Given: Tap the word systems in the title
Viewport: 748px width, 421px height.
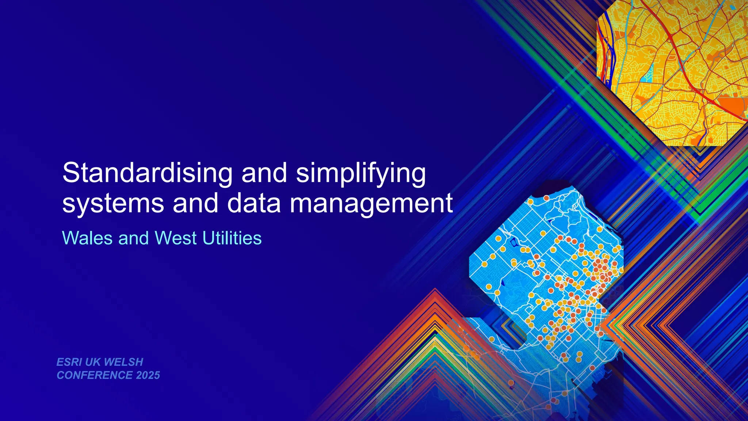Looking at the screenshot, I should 113,204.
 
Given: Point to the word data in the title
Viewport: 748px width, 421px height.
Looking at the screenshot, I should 254,204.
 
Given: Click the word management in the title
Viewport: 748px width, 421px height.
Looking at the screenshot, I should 371,204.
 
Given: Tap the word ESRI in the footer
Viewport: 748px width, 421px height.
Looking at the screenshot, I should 69,362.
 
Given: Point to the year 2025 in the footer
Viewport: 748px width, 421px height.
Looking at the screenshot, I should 148,375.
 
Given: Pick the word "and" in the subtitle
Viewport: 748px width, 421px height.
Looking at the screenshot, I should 134,238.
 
